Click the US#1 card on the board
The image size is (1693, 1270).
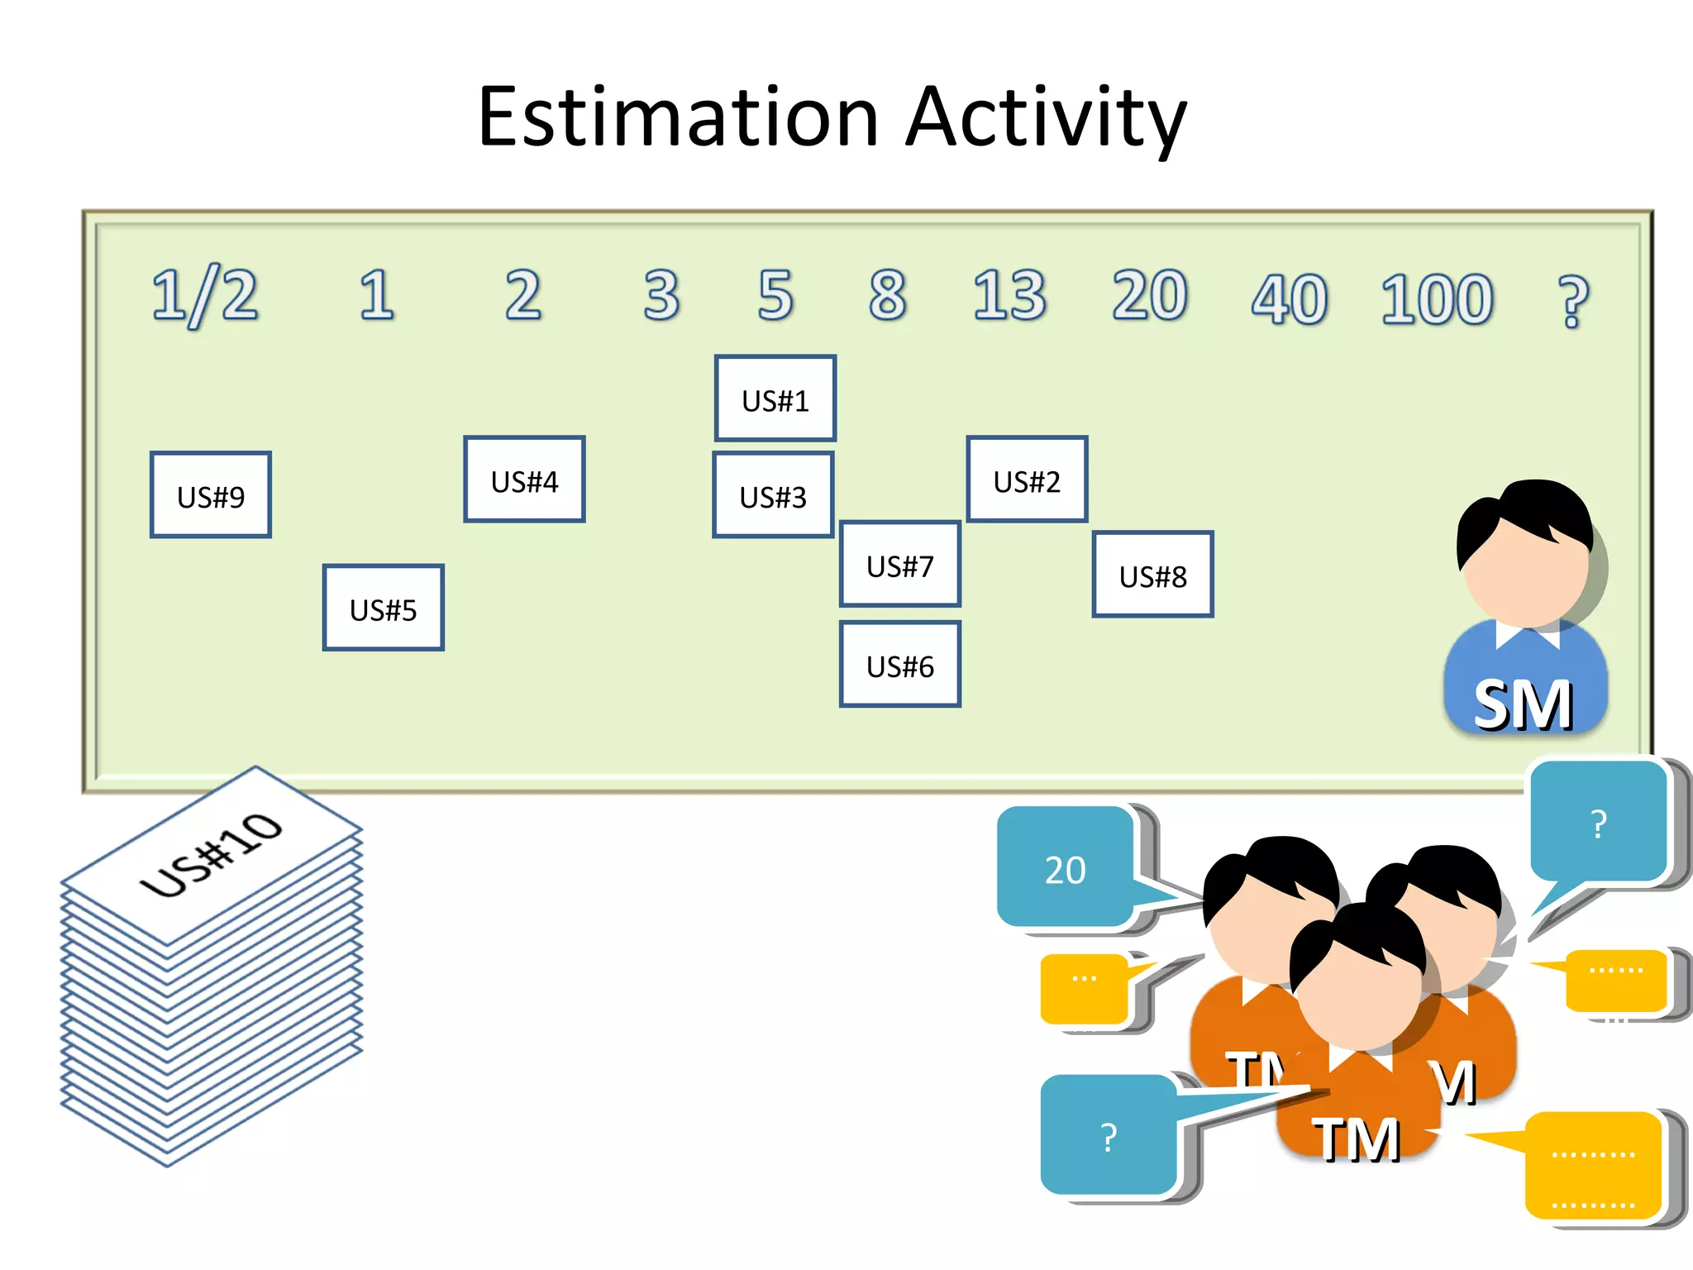coord(775,399)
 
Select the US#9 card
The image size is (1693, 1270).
coord(211,495)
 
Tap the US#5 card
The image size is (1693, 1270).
coord(383,609)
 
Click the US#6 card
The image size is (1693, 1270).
coord(899,665)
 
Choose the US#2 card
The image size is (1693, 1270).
coord(1027,480)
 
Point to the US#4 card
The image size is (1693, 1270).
coord(524,480)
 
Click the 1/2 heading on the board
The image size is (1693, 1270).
coord(204,296)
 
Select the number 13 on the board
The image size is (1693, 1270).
coord(1009,295)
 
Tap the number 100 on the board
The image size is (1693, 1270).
coord(1437,299)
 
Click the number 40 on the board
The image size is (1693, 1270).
coord(1289,299)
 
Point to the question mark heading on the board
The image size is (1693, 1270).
coord(1572,302)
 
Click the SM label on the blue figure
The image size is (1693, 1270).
coord(1524,705)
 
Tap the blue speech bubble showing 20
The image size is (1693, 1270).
coord(1065,868)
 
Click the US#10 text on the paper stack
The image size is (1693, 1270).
coord(212,855)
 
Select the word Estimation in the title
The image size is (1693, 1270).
coord(678,117)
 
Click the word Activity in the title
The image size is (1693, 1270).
coord(1046,117)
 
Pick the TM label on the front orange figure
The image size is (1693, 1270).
coord(1356,1139)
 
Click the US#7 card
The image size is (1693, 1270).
coord(899,565)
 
